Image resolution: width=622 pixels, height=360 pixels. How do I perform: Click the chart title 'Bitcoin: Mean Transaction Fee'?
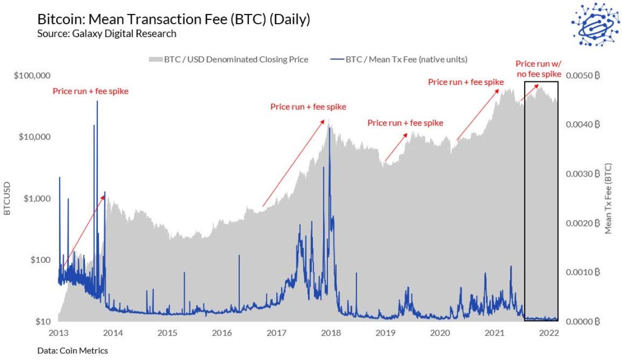pyautogui.click(x=174, y=19)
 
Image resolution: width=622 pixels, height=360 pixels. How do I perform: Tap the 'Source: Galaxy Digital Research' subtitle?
pyautogui.click(x=106, y=33)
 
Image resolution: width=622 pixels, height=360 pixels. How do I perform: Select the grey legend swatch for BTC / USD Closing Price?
pyautogui.click(x=156, y=59)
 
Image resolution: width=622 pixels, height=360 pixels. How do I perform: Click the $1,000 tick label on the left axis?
pyautogui.click(x=35, y=199)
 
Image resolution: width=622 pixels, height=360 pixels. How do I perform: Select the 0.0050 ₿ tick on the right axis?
pyautogui.click(x=583, y=76)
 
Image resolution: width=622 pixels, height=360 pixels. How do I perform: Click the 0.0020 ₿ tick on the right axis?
pyautogui.click(x=583, y=223)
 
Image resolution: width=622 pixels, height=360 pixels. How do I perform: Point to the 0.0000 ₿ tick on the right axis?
pyautogui.click(x=583, y=321)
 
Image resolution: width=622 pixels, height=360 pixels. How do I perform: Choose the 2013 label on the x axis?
pyautogui.click(x=58, y=333)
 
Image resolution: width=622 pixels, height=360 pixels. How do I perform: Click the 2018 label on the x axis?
pyautogui.click(x=330, y=333)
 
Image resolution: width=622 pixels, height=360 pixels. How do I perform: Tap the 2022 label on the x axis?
pyautogui.click(x=549, y=333)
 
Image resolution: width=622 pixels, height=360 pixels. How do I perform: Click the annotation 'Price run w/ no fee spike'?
pyautogui.click(x=538, y=68)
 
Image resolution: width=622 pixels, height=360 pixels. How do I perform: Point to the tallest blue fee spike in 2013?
pyautogui.click(x=97, y=103)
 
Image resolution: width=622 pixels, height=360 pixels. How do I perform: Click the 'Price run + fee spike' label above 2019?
pyautogui.click(x=405, y=123)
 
